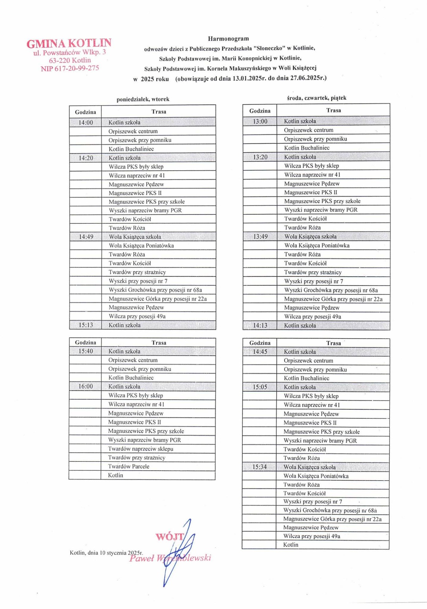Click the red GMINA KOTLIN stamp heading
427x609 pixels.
(x=69, y=43)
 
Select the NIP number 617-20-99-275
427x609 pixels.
(x=70, y=68)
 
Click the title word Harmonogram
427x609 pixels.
(x=228, y=39)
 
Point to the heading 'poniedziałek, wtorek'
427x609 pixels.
(x=143, y=99)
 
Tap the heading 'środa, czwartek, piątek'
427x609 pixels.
(x=316, y=98)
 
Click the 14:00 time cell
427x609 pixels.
(x=86, y=122)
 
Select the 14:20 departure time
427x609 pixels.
(x=86, y=158)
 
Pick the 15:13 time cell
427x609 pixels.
(x=86, y=325)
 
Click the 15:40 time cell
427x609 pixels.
(x=86, y=351)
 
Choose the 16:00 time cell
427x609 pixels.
(x=86, y=386)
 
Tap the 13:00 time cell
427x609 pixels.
(x=260, y=121)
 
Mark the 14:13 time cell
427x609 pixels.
(x=260, y=325)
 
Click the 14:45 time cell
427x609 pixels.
(x=260, y=351)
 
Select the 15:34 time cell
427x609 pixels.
(x=259, y=467)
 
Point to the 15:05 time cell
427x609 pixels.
(x=260, y=387)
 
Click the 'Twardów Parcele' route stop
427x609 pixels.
(x=128, y=466)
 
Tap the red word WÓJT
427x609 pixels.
(x=169, y=537)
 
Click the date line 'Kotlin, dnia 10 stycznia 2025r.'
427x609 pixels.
(x=106, y=553)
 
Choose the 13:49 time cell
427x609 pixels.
(x=260, y=237)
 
